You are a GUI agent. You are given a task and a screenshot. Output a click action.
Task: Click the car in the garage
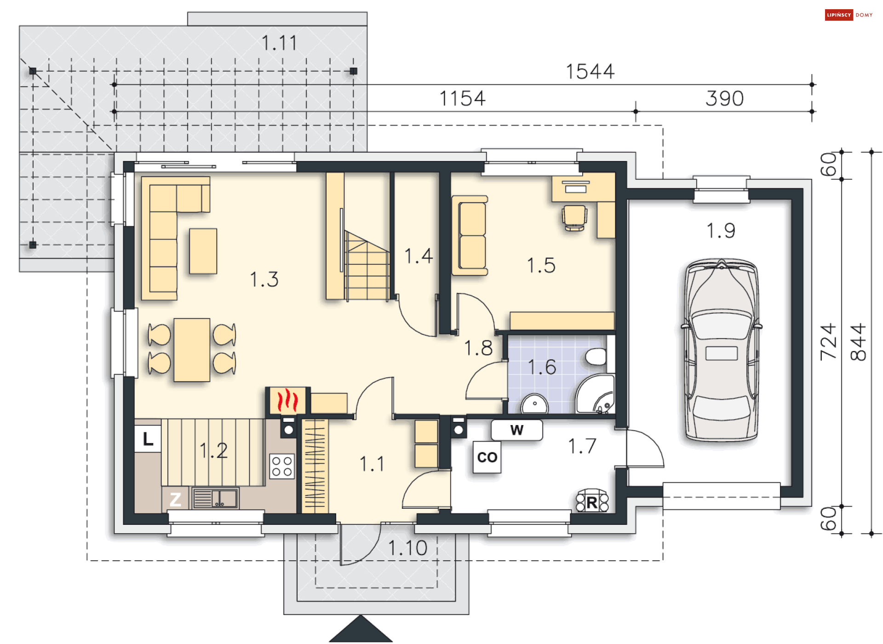click(721, 350)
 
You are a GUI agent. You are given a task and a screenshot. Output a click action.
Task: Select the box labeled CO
click(487, 457)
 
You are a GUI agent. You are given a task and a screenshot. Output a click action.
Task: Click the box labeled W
click(517, 430)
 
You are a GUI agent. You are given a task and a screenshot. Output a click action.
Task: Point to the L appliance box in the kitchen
click(148, 439)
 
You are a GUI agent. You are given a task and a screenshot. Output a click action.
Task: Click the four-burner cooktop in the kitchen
click(282, 466)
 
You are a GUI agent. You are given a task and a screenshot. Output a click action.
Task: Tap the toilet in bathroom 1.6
click(596, 356)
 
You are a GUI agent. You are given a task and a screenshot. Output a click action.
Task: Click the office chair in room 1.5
click(574, 218)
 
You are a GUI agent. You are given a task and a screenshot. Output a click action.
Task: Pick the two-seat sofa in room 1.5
click(470, 236)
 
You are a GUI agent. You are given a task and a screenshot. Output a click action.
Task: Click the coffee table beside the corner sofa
click(203, 251)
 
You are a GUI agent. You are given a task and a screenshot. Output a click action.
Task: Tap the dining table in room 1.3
click(192, 350)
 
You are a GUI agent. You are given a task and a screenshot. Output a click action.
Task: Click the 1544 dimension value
click(590, 72)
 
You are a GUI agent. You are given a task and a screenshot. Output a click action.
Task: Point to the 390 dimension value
click(725, 98)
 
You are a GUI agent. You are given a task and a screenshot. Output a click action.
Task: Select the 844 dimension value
click(858, 342)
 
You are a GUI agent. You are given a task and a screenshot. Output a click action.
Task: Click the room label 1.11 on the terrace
click(279, 43)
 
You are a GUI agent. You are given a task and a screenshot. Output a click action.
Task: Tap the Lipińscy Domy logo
click(849, 15)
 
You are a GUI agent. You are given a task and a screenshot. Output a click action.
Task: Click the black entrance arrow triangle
click(361, 629)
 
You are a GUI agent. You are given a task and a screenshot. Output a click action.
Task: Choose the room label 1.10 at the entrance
click(408, 548)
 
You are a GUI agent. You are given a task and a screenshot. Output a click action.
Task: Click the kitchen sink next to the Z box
click(215, 498)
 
